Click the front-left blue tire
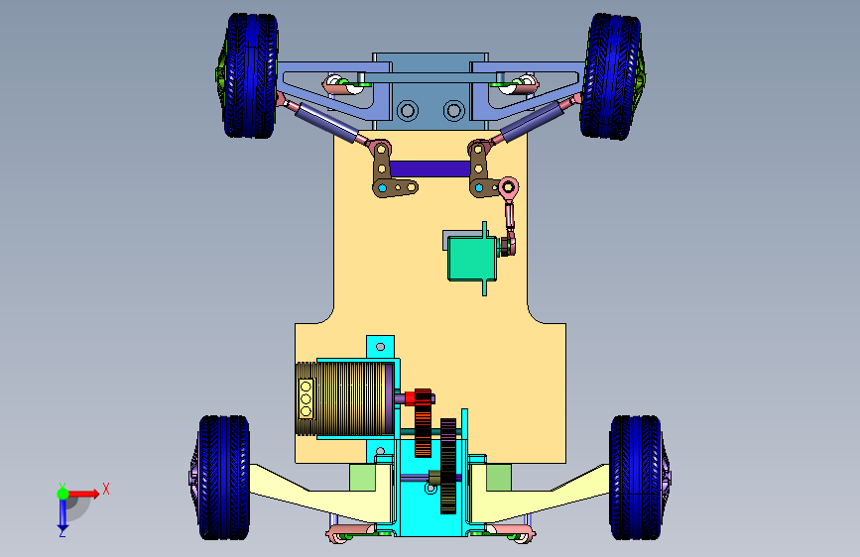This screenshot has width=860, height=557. click(250, 75)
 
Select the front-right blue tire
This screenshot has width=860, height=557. click(610, 76)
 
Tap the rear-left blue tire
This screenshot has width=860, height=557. click(224, 477)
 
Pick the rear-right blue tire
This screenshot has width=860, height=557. click(635, 477)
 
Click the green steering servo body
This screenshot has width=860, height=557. click(472, 259)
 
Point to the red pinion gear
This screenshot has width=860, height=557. click(423, 422)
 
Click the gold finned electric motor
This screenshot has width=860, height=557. click(344, 398)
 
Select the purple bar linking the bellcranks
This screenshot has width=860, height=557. click(430, 168)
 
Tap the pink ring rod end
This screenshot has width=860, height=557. click(509, 187)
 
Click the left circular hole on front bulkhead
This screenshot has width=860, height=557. click(408, 111)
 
